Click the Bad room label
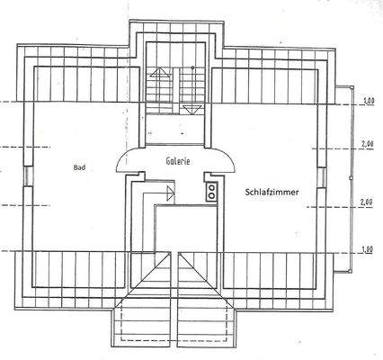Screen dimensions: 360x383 79,167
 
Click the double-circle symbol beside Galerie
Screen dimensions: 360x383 212,190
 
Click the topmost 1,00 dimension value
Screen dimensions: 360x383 368,100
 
